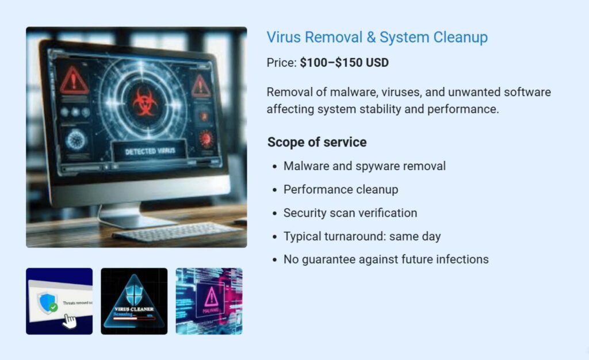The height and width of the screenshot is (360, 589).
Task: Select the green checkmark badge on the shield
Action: click(x=53, y=308)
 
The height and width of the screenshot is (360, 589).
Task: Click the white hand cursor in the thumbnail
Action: click(x=69, y=319)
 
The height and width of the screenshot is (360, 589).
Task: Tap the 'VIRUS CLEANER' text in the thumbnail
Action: click(x=134, y=308)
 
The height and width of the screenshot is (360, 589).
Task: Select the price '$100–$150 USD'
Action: click(x=344, y=63)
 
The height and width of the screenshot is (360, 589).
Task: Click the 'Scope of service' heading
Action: click(x=316, y=142)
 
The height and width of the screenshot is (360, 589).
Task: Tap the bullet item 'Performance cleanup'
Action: click(x=341, y=189)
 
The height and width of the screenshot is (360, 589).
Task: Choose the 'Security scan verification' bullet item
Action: click(x=350, y=213)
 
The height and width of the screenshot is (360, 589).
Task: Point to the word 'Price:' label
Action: click(x=281, y=63)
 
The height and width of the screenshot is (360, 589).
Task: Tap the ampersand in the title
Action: click(x=371, y=38)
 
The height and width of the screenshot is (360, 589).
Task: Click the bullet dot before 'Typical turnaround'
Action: click(x=274, y=236)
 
